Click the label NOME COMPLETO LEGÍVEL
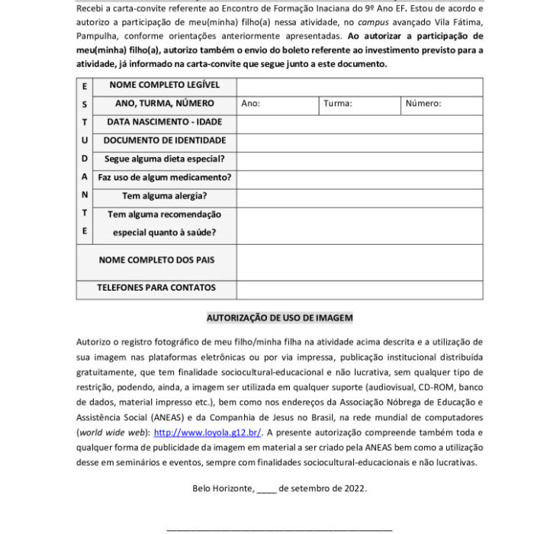click(x=165, y=85)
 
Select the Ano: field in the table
click(x=251, y=104)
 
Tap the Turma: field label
click(x=337, y=104)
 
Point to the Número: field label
click(x=423, y=104)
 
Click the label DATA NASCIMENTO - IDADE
click(x=165, y=122)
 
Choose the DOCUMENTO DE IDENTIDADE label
click(x=165, y=140)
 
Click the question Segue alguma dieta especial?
click(x=165, y=159)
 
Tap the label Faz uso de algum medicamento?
click(x=165, y=178)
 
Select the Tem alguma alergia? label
click(x=165, y=196)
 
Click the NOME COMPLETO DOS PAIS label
click(x=156, y=260)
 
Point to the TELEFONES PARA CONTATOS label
click(x=156, y=288)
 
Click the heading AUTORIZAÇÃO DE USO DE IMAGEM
click(x=279, y=317)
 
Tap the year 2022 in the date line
click(x=355, y=487)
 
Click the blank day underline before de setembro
click(x=266, y=489)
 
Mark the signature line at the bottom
click(x=279, y=528)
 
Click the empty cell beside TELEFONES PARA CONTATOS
click(x=359, y=289)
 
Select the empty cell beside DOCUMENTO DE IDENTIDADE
click(x=359, y=141)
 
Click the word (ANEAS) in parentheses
click(x=158, y=418)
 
